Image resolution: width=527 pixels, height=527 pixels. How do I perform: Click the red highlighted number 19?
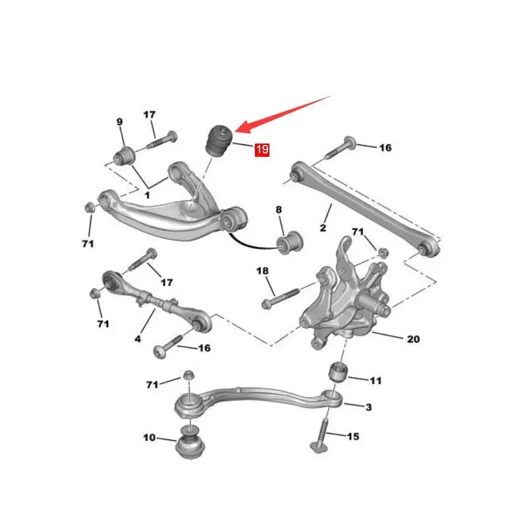(262, 149)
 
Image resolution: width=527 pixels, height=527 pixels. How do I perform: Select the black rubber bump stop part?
(219, 140)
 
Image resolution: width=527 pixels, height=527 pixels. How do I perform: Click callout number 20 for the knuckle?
(413, 339)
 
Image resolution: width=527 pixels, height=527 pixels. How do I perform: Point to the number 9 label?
(120, 122)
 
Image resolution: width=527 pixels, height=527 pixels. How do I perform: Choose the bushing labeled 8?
(290, 242)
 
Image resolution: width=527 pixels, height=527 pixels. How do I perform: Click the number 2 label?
(323, 228)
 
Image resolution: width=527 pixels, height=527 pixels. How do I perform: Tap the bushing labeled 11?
(338, 372)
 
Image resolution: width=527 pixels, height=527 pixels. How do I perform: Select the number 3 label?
(368, 407)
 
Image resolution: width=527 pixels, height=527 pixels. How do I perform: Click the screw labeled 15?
(321, 436)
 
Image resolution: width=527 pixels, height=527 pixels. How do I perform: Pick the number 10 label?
(150, 437)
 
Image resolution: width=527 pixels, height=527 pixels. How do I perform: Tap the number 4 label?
(138, 339)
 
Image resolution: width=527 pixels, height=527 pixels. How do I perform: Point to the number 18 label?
(262, 271)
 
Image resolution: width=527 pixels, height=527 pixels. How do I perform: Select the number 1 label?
(147, 195)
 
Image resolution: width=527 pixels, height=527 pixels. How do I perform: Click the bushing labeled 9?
(124, 156)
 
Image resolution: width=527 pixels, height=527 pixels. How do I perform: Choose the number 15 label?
(352, 436)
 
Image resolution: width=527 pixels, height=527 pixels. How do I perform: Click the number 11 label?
(375, 381)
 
